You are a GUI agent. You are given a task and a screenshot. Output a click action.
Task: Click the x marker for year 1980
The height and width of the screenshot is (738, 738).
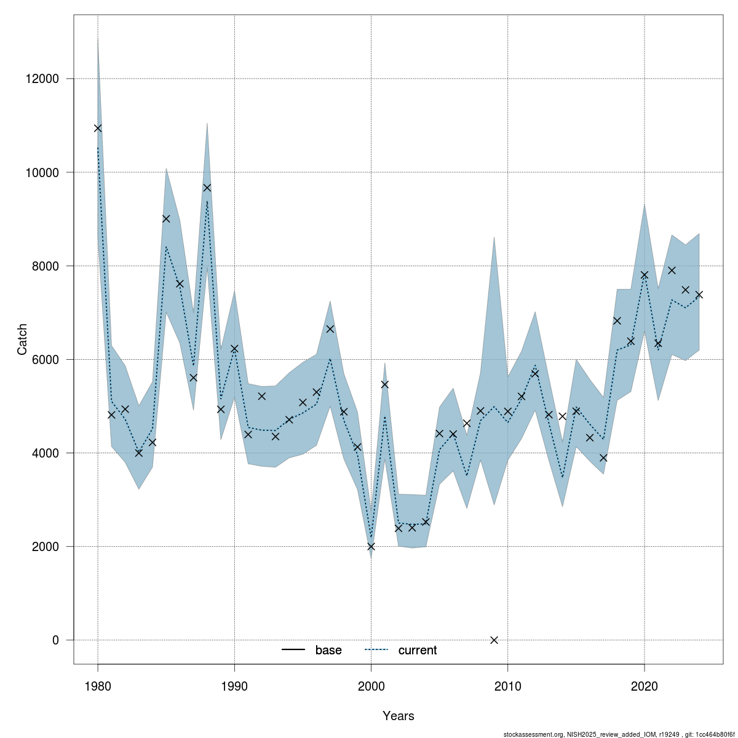(x=98, y=128)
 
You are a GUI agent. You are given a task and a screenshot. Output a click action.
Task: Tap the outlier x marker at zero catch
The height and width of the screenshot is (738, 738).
(x=494, y=640)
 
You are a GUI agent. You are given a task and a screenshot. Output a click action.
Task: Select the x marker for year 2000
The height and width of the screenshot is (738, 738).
(x=371, y=546)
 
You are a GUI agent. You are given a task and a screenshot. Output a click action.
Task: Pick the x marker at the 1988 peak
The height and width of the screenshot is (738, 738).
(x=207, y=188)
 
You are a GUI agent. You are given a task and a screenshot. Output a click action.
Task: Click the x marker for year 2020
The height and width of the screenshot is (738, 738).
(x=645, y=275)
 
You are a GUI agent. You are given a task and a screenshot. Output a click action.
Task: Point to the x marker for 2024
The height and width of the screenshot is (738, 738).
(x=699, y=295)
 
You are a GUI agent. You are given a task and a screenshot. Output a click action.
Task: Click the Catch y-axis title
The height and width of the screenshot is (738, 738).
(x=22, y=339)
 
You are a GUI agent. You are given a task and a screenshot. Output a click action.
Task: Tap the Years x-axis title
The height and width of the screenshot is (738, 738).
(x=398, y=716)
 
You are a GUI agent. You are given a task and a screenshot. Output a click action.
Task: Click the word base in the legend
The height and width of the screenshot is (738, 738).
(x=328, y=650)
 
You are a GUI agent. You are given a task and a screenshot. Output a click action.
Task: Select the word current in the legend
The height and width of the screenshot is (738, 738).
(x=418, y=650)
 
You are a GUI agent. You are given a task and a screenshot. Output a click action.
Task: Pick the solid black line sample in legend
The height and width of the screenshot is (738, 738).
(x=294, y=650)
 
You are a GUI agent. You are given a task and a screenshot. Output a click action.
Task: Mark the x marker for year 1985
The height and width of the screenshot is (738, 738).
(x=166, y=218)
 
